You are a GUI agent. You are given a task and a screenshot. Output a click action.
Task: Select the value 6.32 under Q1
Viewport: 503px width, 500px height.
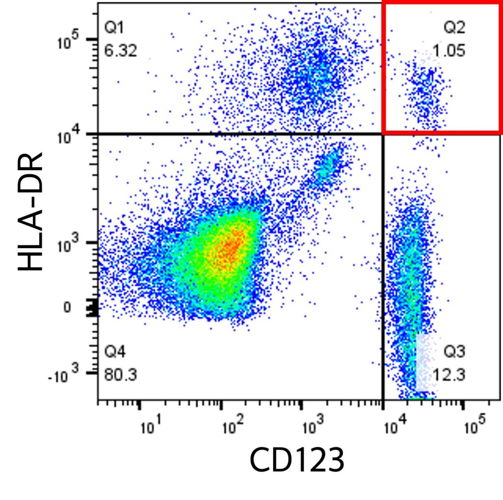coord(121,50)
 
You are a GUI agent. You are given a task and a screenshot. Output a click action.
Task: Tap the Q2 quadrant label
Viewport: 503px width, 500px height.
coord(454,28)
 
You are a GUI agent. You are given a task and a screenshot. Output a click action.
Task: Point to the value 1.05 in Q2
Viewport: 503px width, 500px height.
coord(449,51)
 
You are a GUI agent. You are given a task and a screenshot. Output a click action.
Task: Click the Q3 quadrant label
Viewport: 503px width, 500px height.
coord(454,352)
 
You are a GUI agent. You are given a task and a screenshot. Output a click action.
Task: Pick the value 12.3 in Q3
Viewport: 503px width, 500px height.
coord(449,375)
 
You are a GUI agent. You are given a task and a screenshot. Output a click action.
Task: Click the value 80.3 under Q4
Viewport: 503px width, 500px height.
coord(121,375)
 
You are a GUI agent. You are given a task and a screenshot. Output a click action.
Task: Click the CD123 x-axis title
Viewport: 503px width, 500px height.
coord(297,460)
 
